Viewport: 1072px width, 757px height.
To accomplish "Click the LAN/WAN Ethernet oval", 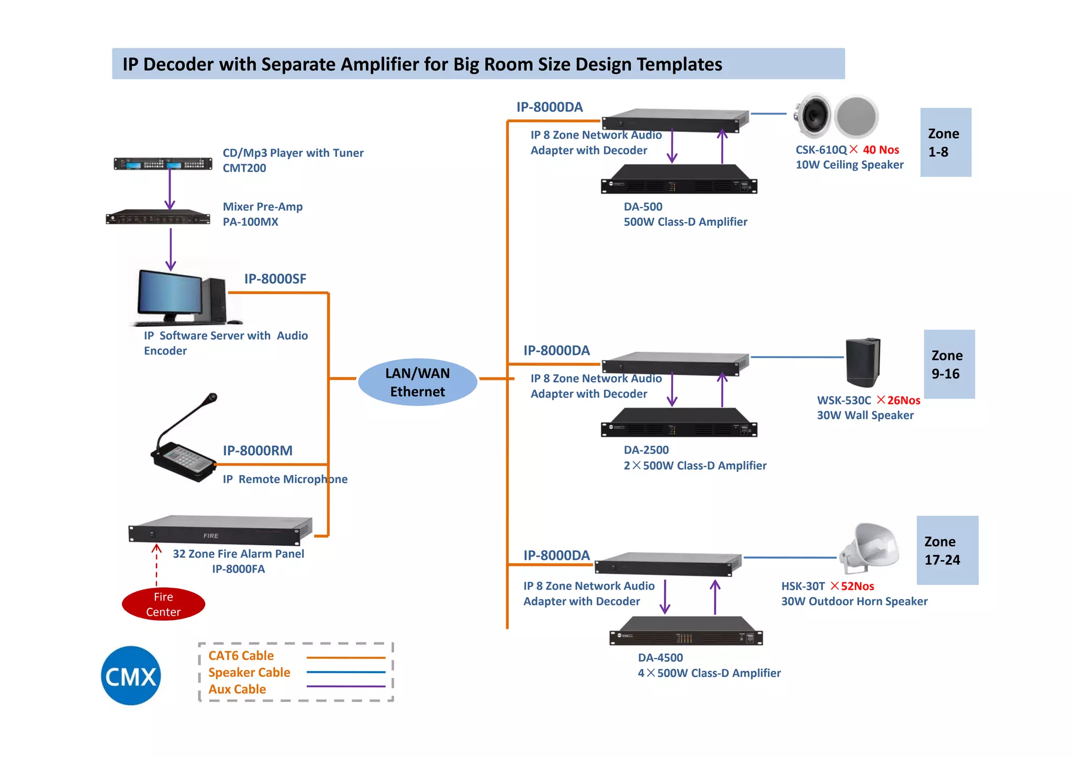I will (417, 382).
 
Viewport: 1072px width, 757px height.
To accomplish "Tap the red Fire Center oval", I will (163, 604).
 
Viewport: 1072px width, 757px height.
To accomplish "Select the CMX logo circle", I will (131, 675).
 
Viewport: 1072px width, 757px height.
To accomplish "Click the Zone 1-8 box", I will (945, 142).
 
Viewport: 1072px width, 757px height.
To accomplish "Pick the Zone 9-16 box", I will (948, 364).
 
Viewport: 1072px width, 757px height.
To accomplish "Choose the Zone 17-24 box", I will (947, 550).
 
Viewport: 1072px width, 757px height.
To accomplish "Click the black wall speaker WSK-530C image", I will (863, 362).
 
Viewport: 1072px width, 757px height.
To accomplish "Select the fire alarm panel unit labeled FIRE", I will (220, 531).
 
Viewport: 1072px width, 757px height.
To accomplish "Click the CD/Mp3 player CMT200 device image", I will (163, 164).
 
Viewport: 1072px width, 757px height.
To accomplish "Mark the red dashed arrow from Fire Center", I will (157, 565).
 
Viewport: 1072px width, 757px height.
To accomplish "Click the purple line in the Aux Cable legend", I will (345, 686).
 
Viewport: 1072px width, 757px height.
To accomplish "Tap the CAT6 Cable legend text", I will (241, 656).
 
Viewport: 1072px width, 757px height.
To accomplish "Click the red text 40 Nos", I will (880, 150).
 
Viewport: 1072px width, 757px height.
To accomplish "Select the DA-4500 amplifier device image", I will (686, 631).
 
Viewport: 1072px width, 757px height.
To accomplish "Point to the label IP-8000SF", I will (275, 279).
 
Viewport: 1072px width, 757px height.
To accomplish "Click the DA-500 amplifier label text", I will (643, 207).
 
